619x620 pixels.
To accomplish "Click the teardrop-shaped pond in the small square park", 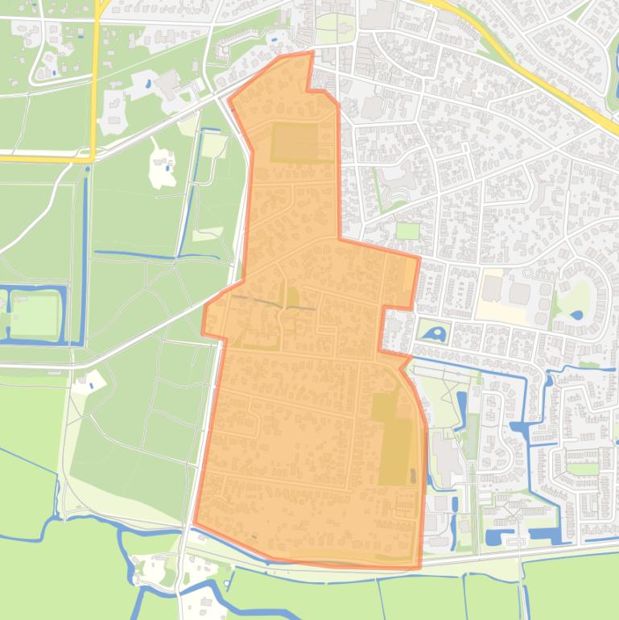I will tap(435, 332).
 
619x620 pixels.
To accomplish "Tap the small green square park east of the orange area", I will tap(408, 230).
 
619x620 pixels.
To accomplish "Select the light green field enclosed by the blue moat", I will tap(35, 314).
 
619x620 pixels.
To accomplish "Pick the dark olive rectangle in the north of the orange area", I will tap(295, 142).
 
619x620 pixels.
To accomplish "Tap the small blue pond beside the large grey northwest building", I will tap(149, 82).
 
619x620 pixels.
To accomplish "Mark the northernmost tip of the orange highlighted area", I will tap(310, 53).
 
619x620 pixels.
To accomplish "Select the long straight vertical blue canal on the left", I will tap(85, 258).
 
